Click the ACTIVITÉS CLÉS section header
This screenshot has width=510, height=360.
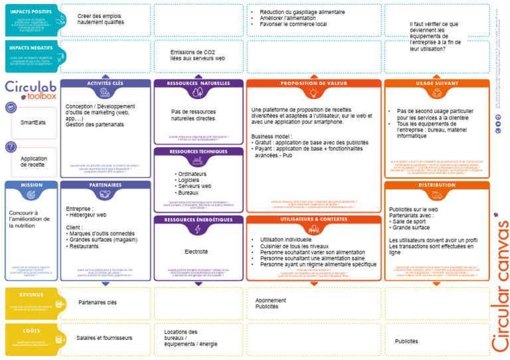(x=105, y=84)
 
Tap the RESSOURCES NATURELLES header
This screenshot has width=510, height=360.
(x=198, y=84)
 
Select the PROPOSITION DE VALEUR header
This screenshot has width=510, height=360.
(x=313, y=84)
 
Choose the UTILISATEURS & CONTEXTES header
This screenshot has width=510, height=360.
(x=313, y=219)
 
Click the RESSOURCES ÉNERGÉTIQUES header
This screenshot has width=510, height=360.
(x=198, y=220)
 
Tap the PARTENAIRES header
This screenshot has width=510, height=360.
(x=105, y=185)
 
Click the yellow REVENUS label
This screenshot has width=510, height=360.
(x=31, y=294)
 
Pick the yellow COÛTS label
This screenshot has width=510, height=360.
(x=31, y=330)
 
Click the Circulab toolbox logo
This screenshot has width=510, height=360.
(x=31, y=90)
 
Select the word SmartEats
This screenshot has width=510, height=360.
(x=33, y=123)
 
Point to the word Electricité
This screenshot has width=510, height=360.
(x=196, y=252)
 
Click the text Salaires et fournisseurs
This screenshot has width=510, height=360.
(x=104, y=338)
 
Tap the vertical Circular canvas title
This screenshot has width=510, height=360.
(x=499, y=286)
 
